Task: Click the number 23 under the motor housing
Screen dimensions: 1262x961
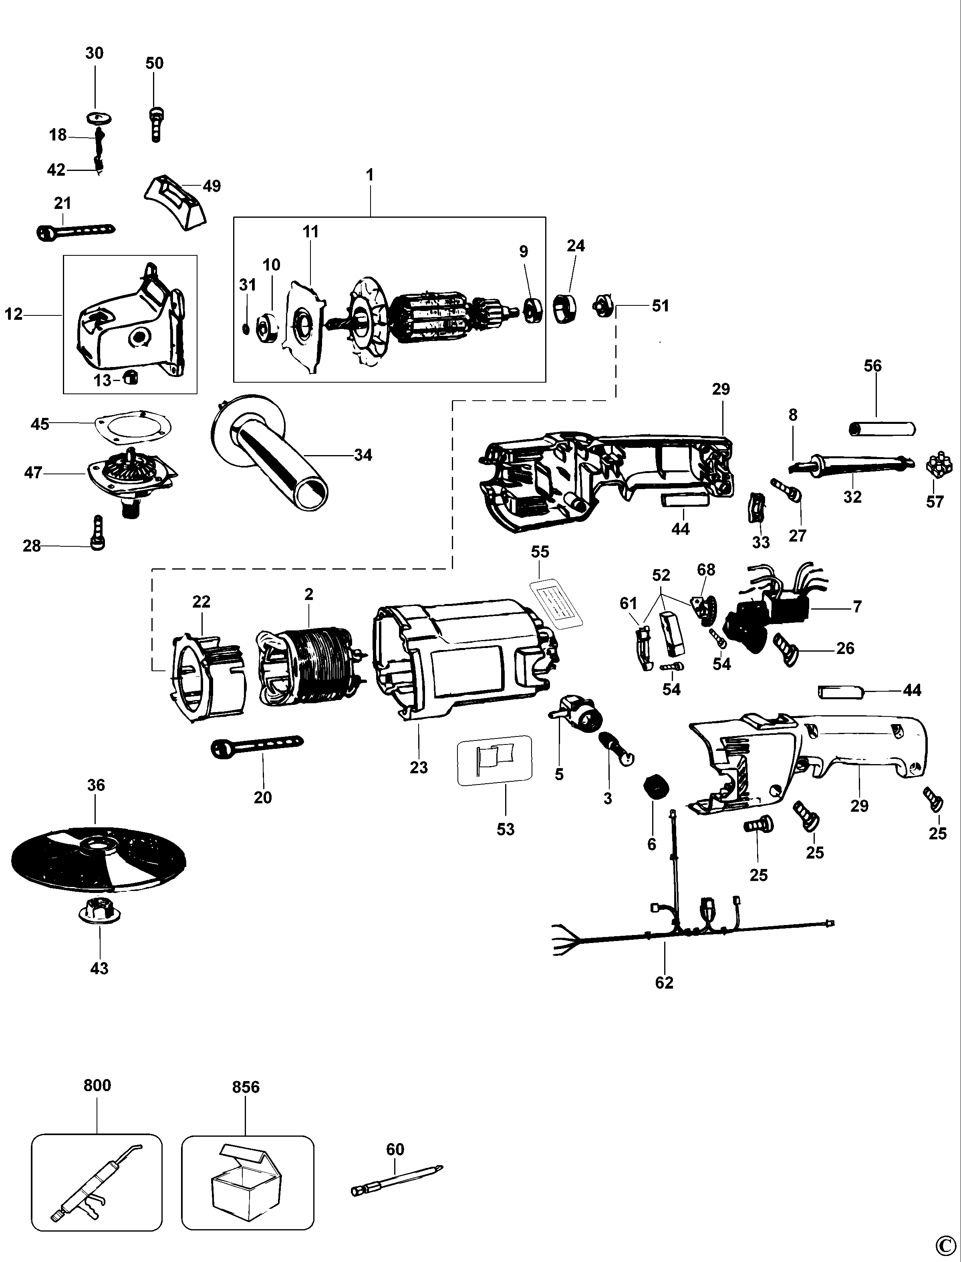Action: (x=418, y=768)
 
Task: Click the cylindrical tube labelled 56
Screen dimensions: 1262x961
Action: (x=881, y=428)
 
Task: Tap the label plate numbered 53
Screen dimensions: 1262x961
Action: (x=494, y=760)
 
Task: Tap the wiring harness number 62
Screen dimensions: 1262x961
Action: (x=664, y=983)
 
